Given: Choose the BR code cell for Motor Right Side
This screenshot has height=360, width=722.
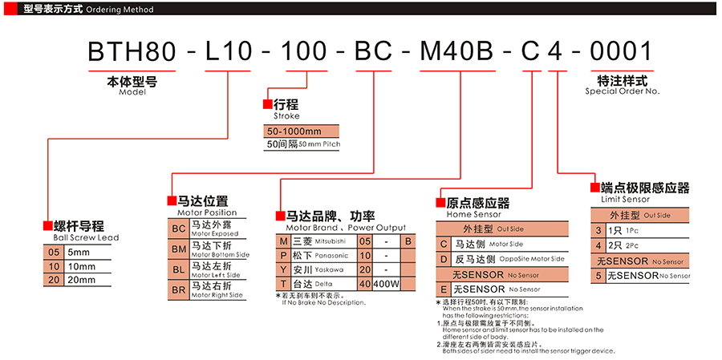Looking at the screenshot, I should [178, 289].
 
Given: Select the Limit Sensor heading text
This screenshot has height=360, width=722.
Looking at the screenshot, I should [625, 199].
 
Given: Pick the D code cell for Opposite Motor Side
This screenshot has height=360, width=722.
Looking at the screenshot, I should [443, 259].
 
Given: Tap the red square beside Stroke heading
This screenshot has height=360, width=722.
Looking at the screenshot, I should [268, 104].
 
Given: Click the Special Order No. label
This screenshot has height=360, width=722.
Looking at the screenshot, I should [622, 91].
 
